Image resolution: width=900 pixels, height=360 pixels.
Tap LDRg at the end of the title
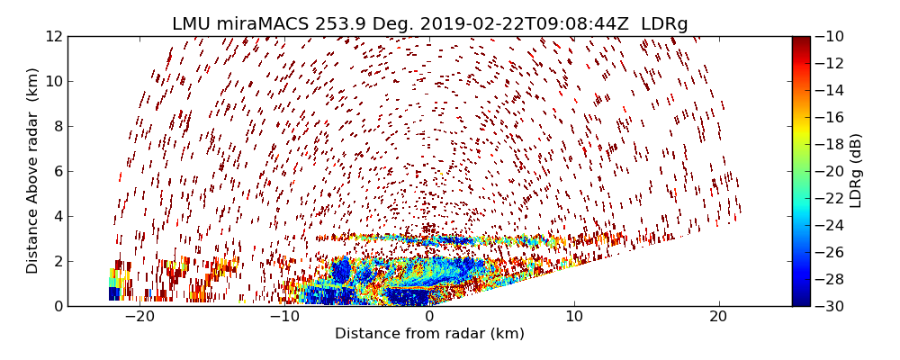tap(664, 24)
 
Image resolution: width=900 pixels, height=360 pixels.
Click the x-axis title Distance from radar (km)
tap(429, 334)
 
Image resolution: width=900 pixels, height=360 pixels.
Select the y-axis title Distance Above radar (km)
tap(33, 171)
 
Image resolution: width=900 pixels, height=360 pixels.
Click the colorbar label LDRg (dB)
tap(856, 171)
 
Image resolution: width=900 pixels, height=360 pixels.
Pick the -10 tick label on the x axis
tap(284, 317)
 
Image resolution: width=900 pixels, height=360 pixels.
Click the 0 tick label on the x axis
tap(429, 317)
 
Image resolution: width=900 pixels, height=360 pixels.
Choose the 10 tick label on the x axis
tap(574, 317)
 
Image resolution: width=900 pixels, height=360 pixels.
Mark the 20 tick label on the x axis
tap(719, 317)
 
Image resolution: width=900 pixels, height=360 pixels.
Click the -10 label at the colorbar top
tap(829, 36)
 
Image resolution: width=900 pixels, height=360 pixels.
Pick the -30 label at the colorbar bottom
tap(829, 306)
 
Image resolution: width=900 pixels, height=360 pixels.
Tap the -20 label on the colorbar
tap(829, 171)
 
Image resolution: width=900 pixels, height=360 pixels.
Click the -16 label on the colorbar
tap(829, 117)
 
